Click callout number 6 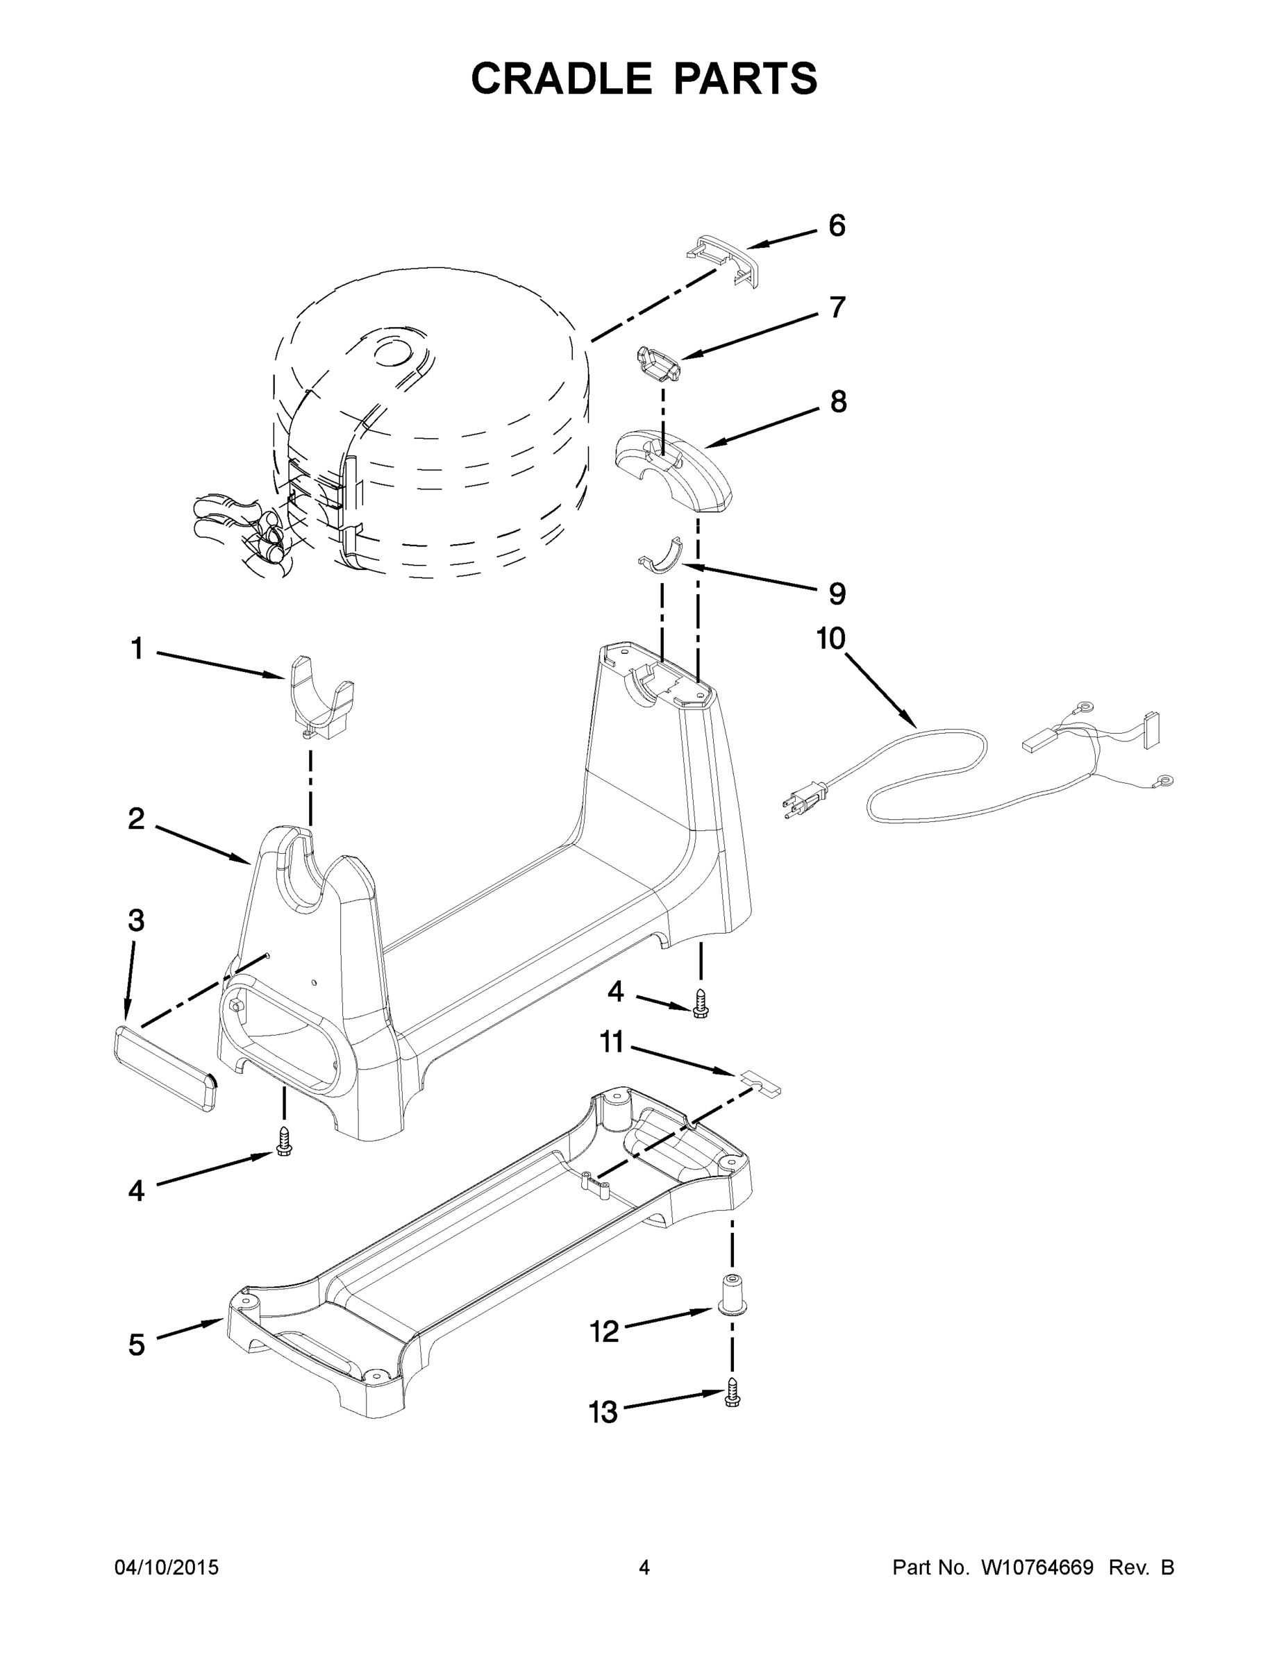click(x=837, y=226)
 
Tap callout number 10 click(x=831, y=639)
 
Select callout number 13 click(x=603, y=1413)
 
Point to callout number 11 click(x=612, y=1042)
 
